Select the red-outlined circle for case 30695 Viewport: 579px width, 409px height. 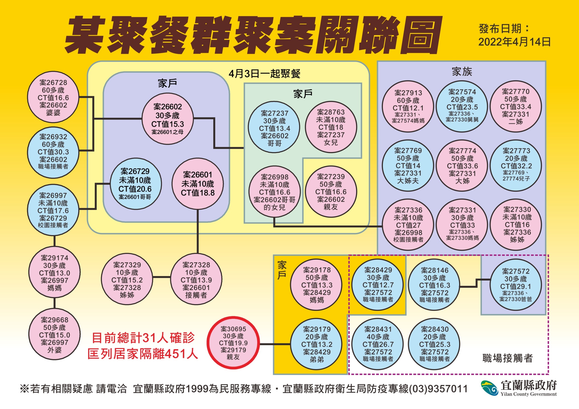click(x=233, y=343)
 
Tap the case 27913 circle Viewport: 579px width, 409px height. click(x=408, y=106)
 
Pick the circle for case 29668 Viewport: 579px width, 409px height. click(x=54, y=334)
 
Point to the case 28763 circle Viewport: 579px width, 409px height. click(x=331, y=127)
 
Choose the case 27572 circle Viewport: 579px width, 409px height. click(x=516, y=285)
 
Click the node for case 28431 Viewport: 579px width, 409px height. click(x=378, y=344)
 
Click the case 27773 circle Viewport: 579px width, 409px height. click(x=516, y=165)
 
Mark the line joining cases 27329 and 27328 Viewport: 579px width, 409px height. click(x=162, y=277)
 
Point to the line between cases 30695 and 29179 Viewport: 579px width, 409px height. click(x=275, y=344)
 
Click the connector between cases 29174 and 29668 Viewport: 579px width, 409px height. click(x=54, y=303)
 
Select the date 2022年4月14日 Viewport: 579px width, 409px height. click(x=514, y=42)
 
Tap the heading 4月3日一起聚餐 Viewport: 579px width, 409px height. click(x=265, y=74)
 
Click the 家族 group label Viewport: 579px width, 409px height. click(x=462, y=72)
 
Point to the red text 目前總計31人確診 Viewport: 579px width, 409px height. click(x=143, y=338)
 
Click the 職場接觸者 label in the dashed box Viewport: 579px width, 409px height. click(x=507, y=358)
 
